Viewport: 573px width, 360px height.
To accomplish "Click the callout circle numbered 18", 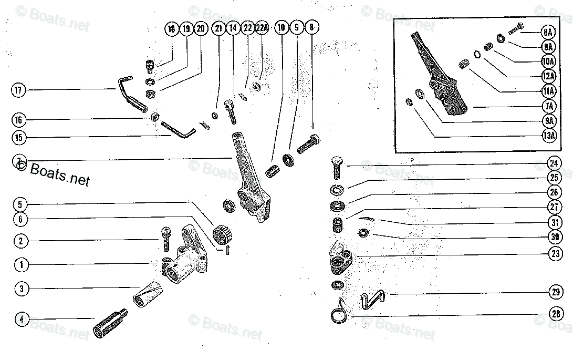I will pos(171,29).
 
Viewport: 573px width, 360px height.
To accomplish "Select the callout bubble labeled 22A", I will pos(262,29).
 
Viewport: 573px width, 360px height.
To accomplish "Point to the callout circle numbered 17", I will pos(18,90).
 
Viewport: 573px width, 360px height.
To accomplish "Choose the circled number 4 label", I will pos(22,318).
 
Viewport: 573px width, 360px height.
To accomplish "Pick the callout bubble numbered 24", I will pos(554,163).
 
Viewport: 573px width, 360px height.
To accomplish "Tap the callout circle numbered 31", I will pos(554,222).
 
